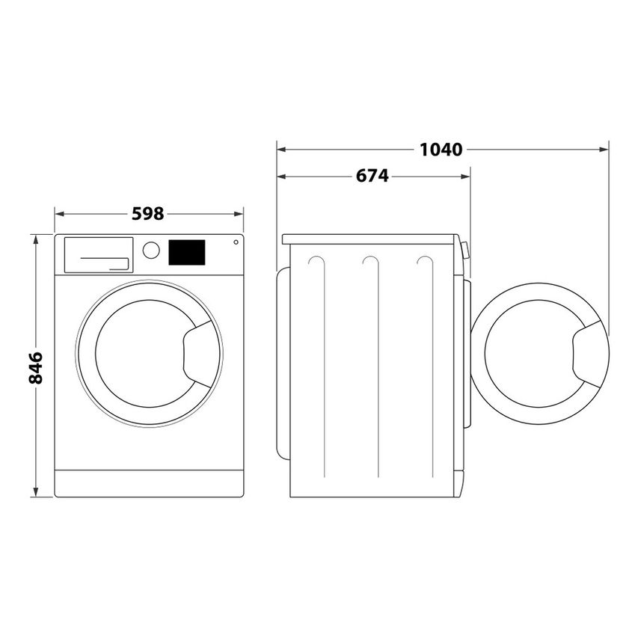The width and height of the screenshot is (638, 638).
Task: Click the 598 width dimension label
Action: click(x=147, y=214)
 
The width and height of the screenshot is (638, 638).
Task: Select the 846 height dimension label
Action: click(x=35, y=366)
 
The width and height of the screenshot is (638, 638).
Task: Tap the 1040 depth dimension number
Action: click(x=441, y=149)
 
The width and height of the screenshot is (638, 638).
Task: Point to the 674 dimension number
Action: click(x=372, y=177)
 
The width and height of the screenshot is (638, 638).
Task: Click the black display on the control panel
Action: click(x=187, y=252)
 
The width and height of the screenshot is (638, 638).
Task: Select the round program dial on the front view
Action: click(x=151, y=250)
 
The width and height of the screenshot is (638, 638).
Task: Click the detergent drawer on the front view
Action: click(x=98, y=255)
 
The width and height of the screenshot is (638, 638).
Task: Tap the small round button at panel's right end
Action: click(x=236, y=242)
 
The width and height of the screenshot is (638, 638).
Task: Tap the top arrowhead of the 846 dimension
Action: click(x=35, y=239)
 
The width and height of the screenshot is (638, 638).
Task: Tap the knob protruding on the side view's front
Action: click(x=465, y=250)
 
